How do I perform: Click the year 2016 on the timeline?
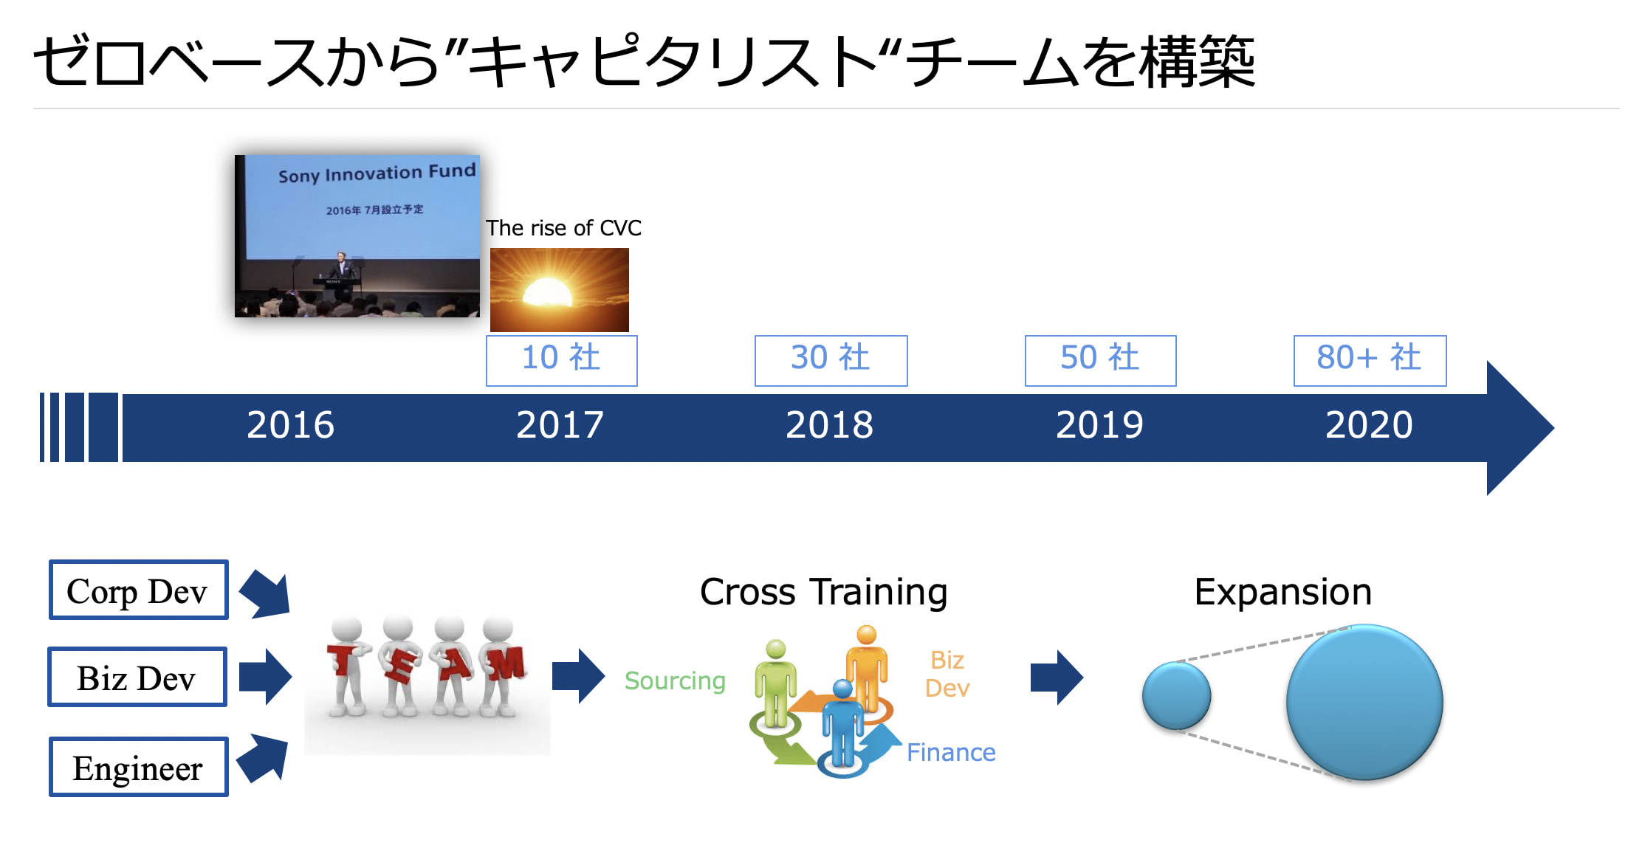coord(290,425)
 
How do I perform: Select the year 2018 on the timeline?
coord(829,425)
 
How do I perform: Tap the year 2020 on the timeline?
coord(1369,425)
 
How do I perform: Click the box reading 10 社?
coord(561,361)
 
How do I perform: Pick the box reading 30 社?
coord(831,361)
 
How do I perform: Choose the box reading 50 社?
coord(1100,361)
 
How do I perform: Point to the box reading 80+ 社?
coord(1370,361)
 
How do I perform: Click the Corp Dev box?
coord(138,590)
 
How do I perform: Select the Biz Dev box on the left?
coord(137,677)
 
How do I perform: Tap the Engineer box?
coord(138,767)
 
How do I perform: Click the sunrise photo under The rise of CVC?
coord(560,289)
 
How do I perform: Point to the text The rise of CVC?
coord(563,228)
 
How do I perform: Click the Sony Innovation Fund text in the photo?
coord(377,173)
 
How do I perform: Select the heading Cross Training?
coord(823,592)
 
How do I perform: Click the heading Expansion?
coord(1283,592)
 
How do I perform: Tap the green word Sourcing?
coord(675,681)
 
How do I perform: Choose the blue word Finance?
coord(951,752)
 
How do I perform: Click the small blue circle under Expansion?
coord(1176,695)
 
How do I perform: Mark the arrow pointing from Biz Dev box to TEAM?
coord(265,677)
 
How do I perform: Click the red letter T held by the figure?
coord(342,658)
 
